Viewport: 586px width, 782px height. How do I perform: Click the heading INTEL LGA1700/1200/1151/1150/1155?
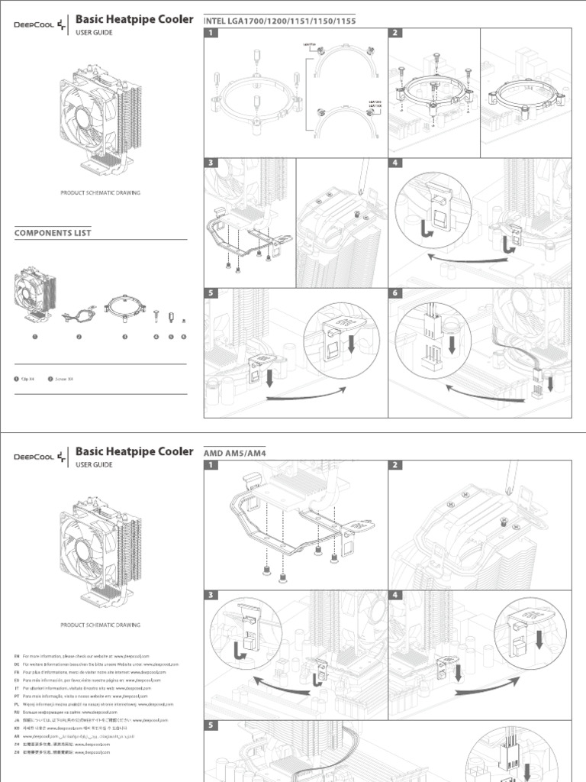(x=280, y=20)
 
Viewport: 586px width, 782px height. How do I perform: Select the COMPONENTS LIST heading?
(x=53, y=232)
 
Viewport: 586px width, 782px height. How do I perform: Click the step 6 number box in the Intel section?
(x=396, y=293)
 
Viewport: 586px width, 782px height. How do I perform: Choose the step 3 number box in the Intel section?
(x=211, y=163)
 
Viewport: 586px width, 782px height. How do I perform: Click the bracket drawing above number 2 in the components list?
(x=79, y=314)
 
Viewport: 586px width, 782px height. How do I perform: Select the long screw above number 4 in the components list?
(x=156, y=315)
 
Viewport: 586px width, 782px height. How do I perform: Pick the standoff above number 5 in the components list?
(x=171, y=315)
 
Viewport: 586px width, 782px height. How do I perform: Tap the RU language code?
(x=17, y=712)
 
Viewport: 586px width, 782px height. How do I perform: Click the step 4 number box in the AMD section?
(x=396, y=595)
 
